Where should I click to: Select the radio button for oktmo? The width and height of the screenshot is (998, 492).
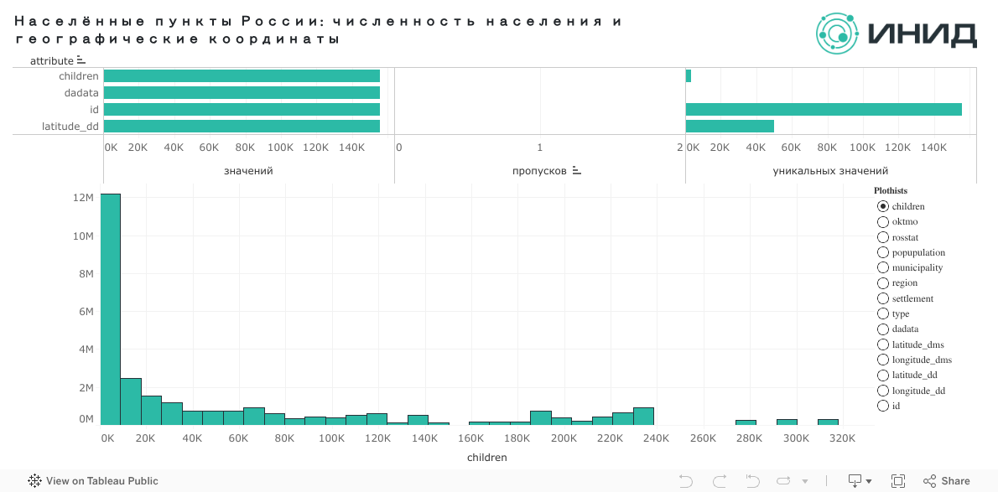pos(883,222)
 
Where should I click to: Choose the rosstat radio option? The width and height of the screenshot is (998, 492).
pos(883,237)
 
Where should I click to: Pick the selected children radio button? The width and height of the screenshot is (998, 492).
pos(883,206)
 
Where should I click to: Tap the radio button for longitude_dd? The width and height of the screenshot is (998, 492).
pos(883,391)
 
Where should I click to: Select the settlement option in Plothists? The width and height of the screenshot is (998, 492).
pos(883,298)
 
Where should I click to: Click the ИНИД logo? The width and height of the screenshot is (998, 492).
pos(896,34)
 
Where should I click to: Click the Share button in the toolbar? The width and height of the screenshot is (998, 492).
pos(947,481)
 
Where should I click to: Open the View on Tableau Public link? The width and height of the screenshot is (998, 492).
pos(93,481)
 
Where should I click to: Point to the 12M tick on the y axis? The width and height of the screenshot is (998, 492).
pos(82,198)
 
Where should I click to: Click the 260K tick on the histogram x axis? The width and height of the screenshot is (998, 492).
pos(703,438)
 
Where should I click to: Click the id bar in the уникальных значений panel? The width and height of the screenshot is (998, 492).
pos(824,110)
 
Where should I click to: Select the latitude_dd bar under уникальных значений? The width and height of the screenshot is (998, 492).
pos(730,127)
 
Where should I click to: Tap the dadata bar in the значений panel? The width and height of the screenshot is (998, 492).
pos(242,93)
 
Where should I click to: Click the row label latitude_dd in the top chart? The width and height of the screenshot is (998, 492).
pos(70,127)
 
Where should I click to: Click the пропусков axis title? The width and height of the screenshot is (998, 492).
pos(540,171)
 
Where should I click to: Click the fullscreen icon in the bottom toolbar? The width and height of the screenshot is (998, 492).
pos(897,481)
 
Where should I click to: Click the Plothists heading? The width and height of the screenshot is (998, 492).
pos(891,190)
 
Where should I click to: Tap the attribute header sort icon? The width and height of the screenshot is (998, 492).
pos(81,60)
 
